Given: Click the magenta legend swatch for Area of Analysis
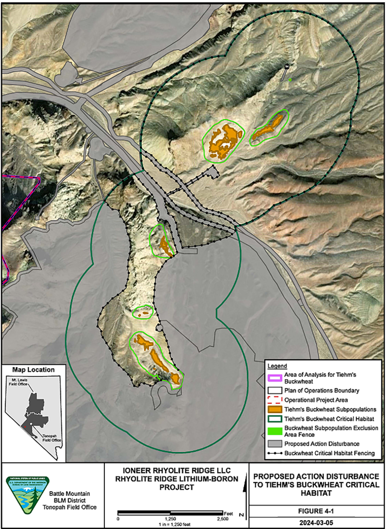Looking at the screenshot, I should pos(275,378).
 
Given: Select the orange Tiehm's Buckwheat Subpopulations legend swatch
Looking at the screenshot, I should pos(275,410).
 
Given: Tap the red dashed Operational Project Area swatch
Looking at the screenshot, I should pos(275,400).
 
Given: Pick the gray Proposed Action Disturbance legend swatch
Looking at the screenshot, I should pos(275,444).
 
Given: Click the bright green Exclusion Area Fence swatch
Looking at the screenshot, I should pos(275,431).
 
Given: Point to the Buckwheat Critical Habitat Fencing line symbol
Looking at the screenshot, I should pos(275,453).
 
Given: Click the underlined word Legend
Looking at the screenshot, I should pos(277,366).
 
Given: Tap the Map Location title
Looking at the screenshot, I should pos(34,370).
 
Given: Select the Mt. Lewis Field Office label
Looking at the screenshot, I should pos(19,382).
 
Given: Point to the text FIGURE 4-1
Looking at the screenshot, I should pos(316,511).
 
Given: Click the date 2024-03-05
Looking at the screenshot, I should pos(316,523).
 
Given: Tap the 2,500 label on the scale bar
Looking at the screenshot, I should pos(223,519).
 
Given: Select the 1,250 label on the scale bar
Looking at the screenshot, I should pos(170,519).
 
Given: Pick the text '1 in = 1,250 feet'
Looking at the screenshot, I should pos(174,524).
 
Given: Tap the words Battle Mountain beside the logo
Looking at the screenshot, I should pos(69,493).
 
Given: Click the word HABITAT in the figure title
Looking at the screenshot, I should pos(316,493).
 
